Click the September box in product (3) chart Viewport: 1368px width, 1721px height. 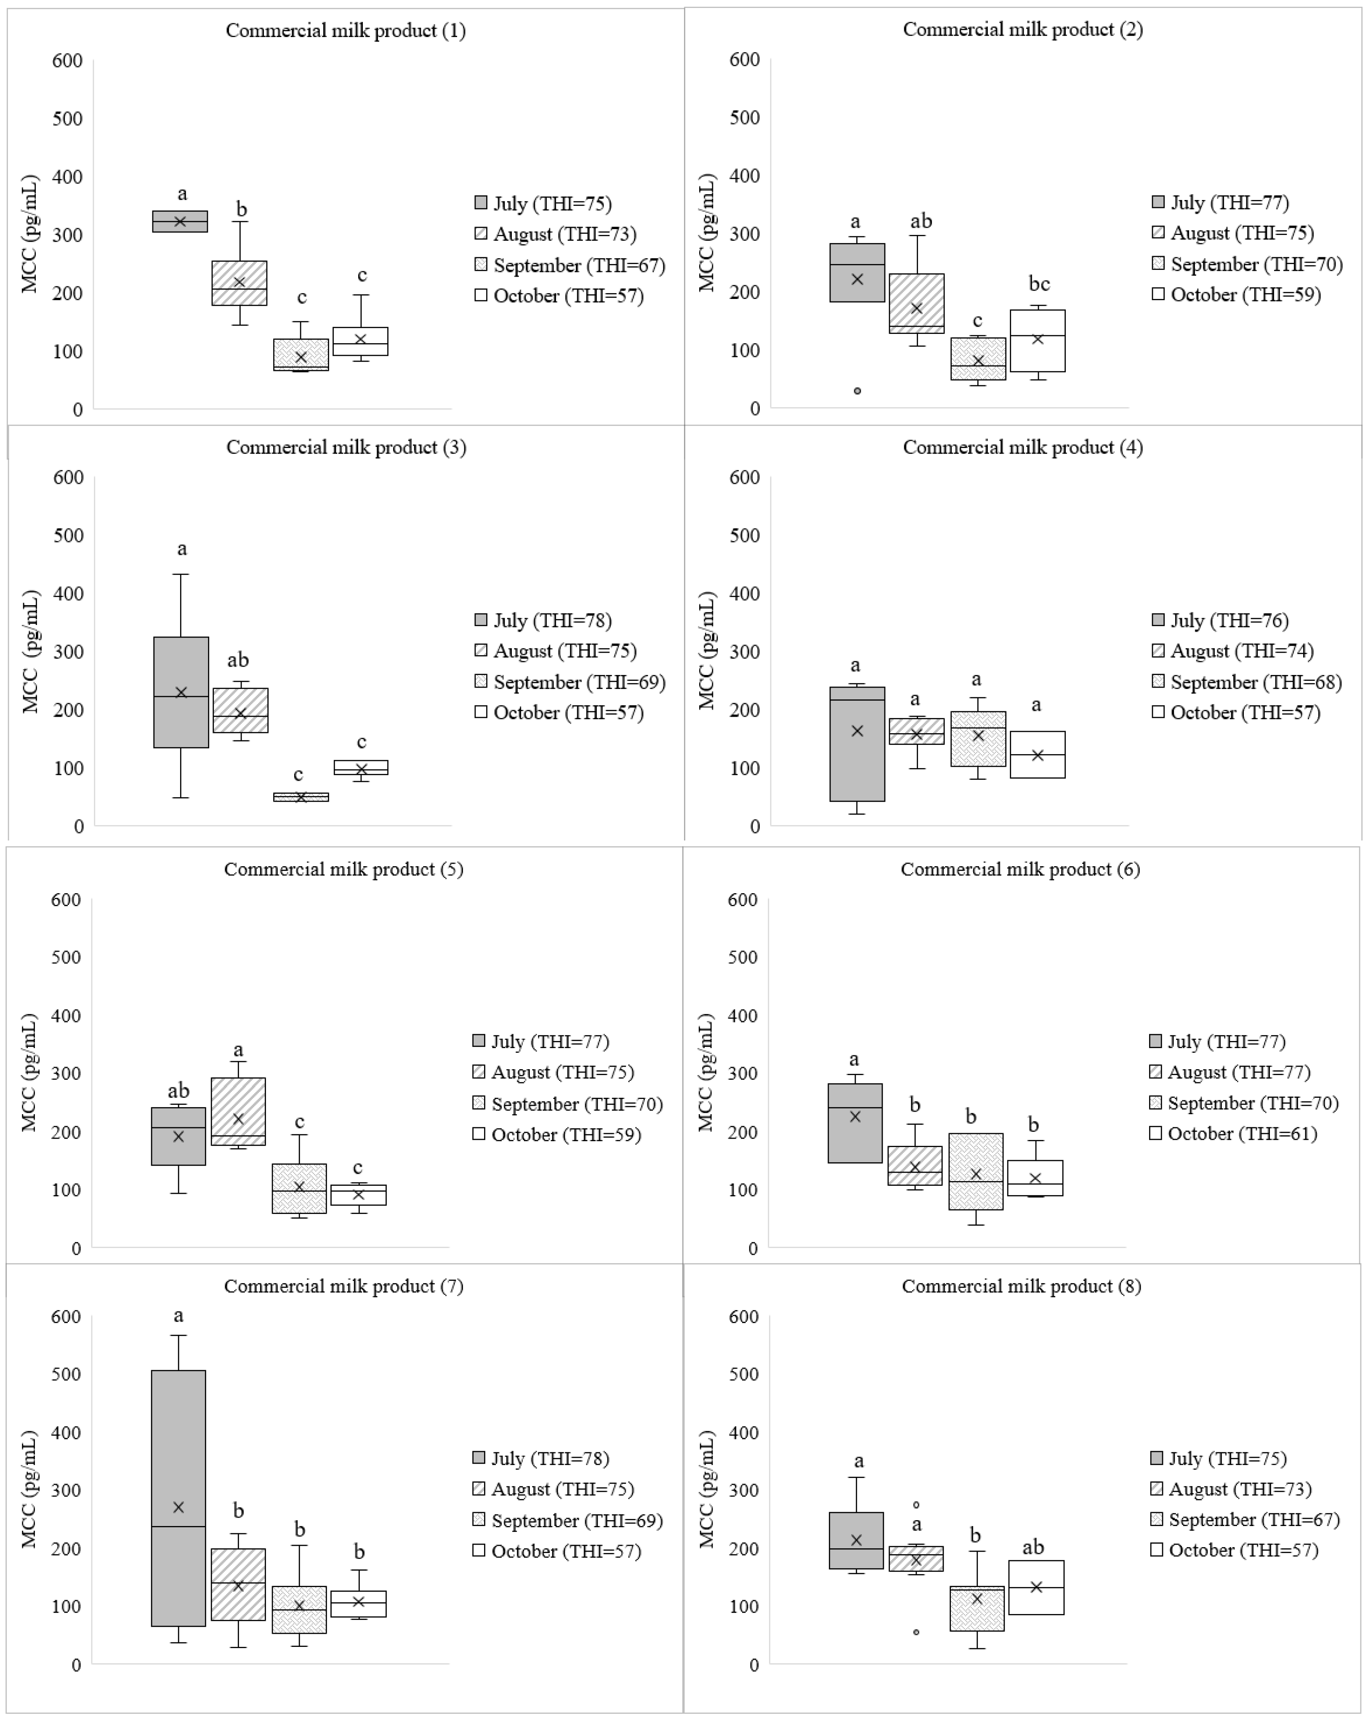[301, 797]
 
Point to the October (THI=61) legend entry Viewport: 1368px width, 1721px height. [1233, 1134]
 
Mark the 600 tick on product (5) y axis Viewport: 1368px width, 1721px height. [65, 899]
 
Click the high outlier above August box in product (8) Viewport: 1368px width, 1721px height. [916, 1505]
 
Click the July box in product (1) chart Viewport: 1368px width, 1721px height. [181, 221]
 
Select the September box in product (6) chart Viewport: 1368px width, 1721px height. [975, 1171]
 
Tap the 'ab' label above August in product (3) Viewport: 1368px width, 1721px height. [238, 660]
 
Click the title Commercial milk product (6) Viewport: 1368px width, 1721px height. [1020, 869]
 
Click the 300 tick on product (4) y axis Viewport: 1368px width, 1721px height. [744, 651]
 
